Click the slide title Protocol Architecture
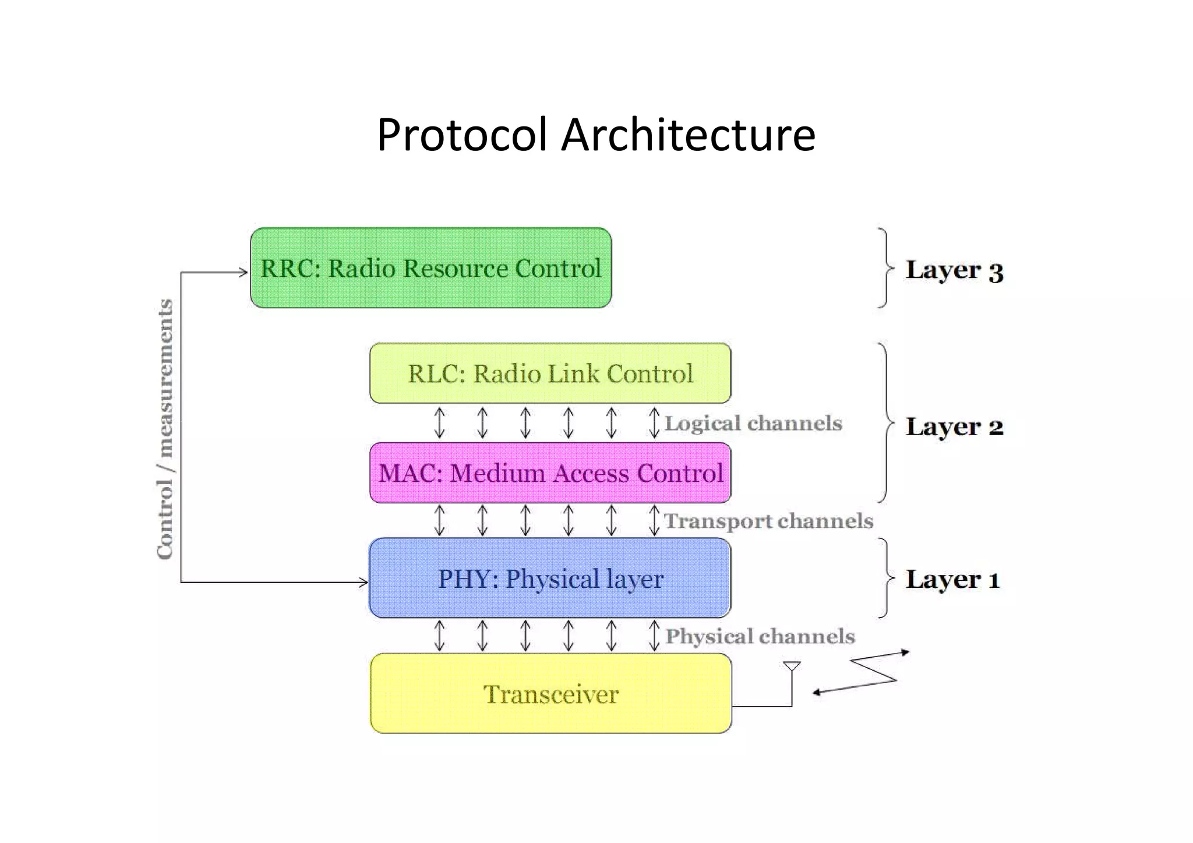(x=595, y=135)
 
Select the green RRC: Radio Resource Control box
(x=430, y=268)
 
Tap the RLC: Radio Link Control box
(x=550, y=373)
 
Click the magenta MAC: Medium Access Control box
(x=550, y=472)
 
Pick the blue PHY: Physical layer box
(x=550, y=579)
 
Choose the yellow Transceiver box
(x=550, y=693)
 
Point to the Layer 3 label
(x=954, y=270)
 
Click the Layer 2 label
(x=954, y=426)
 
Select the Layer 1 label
(x=952, y=579)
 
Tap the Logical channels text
(x=753, y=423)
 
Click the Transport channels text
(x=768, y=521)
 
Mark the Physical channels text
(x=760, y=636)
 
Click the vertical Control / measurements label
(x=165, y=429)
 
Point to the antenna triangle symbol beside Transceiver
(x=792, y=666)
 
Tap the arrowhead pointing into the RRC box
(x=243, y=272)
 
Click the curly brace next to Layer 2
(x=886, y=423)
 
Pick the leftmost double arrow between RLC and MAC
(x=440, y=423)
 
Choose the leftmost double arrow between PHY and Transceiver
(x=440, y=636)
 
